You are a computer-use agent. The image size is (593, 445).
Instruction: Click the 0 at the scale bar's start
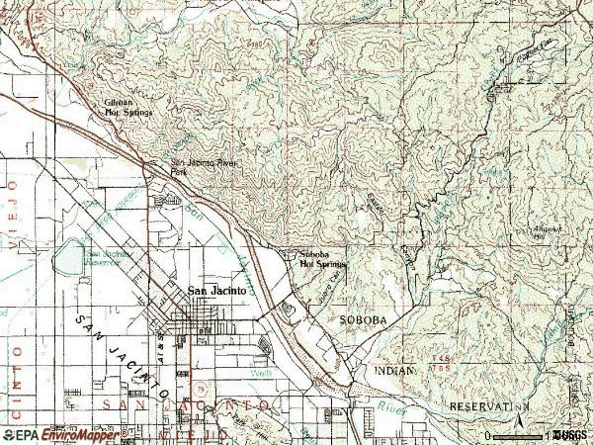(489, 435)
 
